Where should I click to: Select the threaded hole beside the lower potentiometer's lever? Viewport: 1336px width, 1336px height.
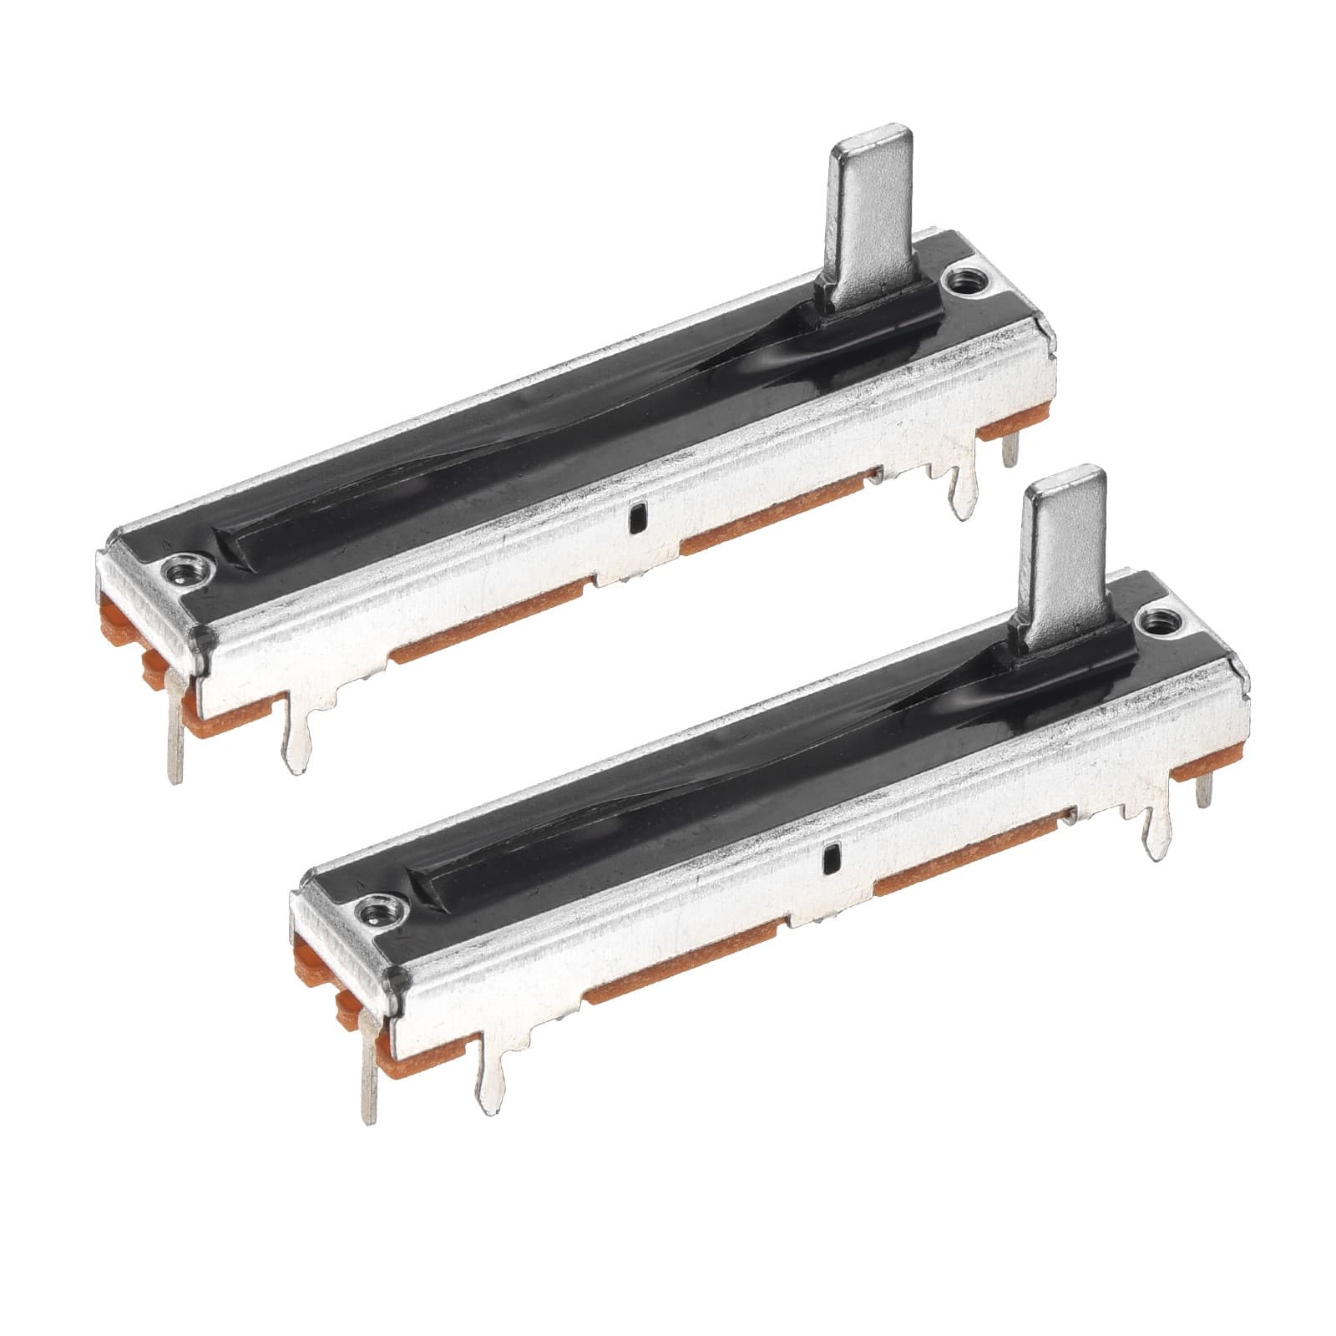click(x=1159, y=620)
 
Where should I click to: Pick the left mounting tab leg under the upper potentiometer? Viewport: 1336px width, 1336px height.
click(x=297, y=735)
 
